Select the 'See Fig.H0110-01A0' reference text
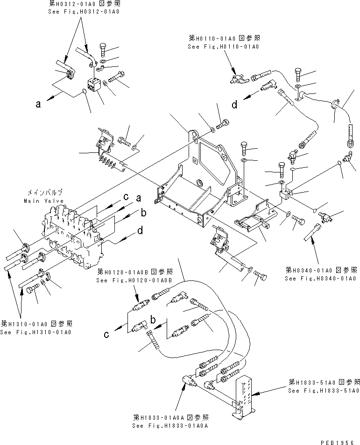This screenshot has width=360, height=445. (x=223, y=47)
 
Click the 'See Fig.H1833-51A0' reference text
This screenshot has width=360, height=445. (x=324, y=390)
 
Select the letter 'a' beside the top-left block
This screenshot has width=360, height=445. (x=38, y=105)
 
